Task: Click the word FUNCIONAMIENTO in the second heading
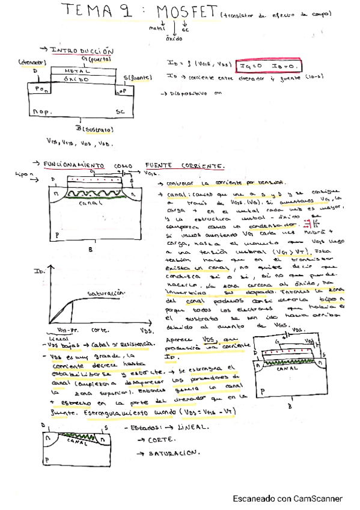click(x=79, y=165)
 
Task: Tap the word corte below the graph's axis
click(x=100, y=331)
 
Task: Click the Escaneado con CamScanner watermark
click(x=287, y=499)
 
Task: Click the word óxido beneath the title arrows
click(x=174, y=38)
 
